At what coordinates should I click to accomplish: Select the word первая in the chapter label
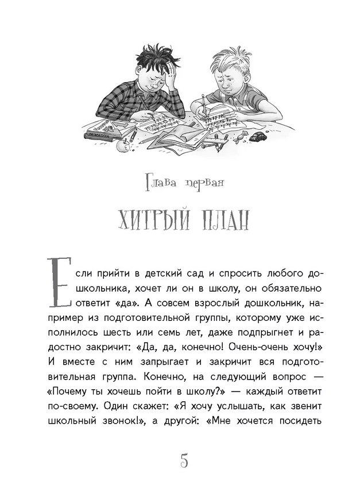click(x=202, y=184)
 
